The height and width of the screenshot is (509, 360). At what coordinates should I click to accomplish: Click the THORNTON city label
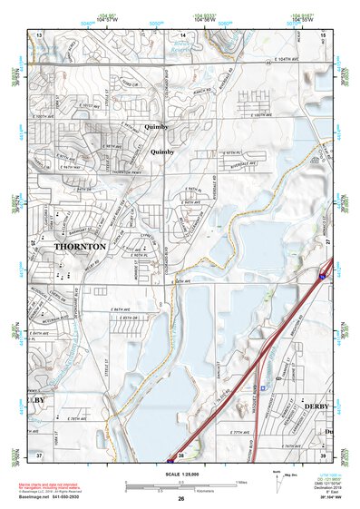80,246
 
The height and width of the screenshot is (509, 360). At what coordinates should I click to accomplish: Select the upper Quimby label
133,127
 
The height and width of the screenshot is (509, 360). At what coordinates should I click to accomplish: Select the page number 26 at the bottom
180,500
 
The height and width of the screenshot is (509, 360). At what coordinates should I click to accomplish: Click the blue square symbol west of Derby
264,387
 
